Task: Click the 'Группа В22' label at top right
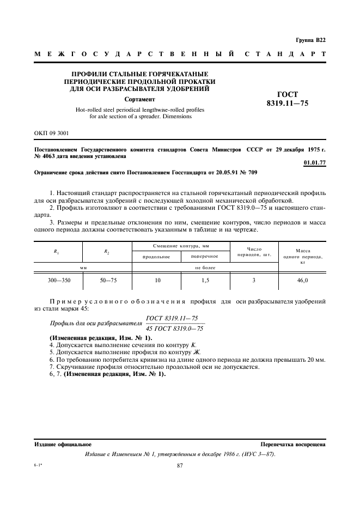(310, 40)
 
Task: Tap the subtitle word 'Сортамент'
(139, 100)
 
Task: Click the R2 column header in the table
(107, 251)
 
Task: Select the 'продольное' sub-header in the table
(156, 256)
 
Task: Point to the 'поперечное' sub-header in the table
(205, 256)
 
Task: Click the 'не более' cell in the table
(205, 268)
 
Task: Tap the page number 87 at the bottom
(181, 465)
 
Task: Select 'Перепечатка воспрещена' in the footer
(292, 444)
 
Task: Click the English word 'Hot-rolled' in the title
(89, 110)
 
